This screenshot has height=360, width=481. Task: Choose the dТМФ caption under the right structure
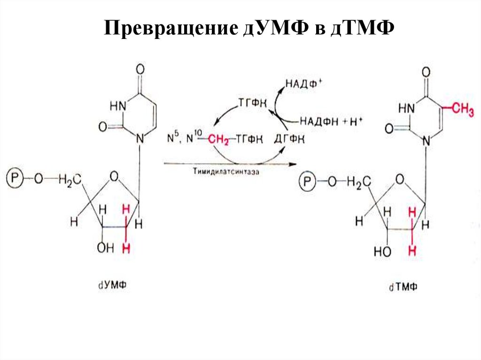(x=403, y=287)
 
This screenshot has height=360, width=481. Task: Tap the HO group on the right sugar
(x=383, y=251)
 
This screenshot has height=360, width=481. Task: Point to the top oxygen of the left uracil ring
(x=140, y=69)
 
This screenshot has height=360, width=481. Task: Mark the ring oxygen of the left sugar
(x=113, y=176)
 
